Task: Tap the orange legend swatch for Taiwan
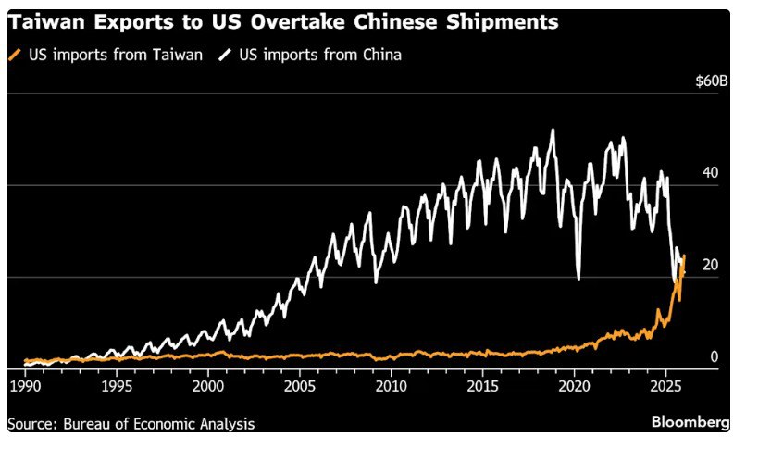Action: click(14, 55)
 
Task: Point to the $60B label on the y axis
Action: click(712, 81)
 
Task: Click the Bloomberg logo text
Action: click(690, 422)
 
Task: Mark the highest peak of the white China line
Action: click(553, 131)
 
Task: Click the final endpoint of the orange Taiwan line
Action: click(684, 256)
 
